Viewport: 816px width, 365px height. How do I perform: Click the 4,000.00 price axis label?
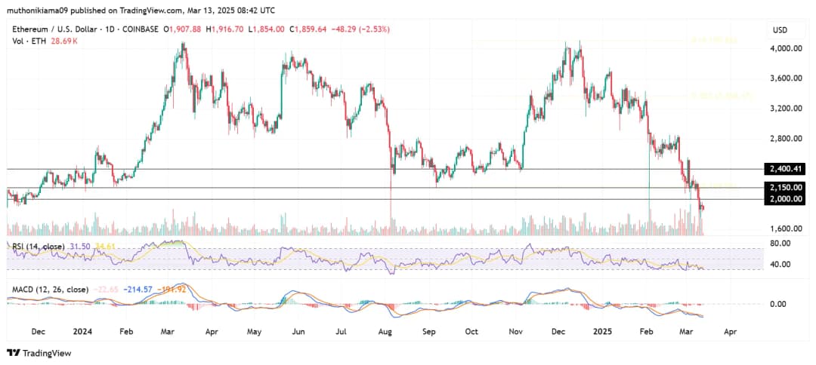click(786, 48)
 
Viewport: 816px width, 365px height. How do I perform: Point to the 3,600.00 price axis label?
click(786, 78)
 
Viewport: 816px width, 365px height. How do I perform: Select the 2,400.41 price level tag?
click(786, 168)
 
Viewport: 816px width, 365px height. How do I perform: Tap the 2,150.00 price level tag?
click(786, 187)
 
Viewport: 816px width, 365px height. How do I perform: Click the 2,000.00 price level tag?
click(786, 198)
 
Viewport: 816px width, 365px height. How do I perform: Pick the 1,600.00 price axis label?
click(786, 229)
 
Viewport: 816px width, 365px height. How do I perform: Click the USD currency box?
click(779, 29)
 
